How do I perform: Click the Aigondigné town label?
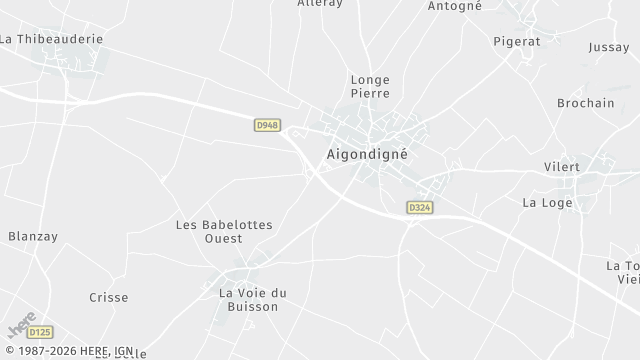[x=367, y=155]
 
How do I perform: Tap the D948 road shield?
[x=267, y=125]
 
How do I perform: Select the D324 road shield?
[x=419, y=207]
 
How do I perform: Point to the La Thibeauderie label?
[x=51, y=39]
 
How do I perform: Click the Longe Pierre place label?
[x=369, y=86]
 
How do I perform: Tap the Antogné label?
[x=455, y=6]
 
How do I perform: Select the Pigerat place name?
[x=517, y=41]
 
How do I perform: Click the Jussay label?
[x=609, y=47]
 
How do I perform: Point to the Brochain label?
[x=585, y=103]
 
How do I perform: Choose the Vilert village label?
[x=589, y=166]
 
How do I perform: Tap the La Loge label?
[x=546, y=202]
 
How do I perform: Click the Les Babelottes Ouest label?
[x=224, y=232]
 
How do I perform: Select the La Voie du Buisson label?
[x=253, y=299]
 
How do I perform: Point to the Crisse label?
[x=108, y=297]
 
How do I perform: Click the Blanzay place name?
[x=33, y=236]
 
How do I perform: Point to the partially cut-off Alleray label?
[x=320, y=4]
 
